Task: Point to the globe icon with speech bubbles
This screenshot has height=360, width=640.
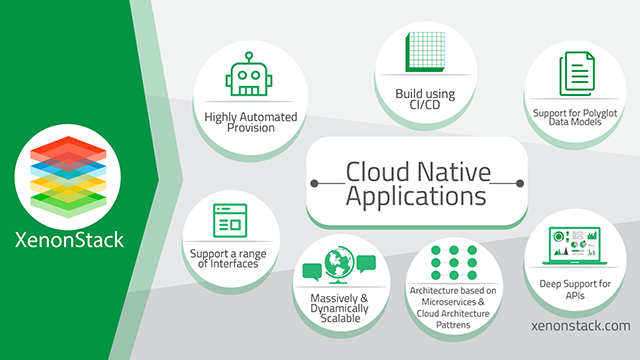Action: (x=338, y=263)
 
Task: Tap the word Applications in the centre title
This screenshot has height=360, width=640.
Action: (x=416, y=195)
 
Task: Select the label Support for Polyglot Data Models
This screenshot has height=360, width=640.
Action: (x=575, y=117)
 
